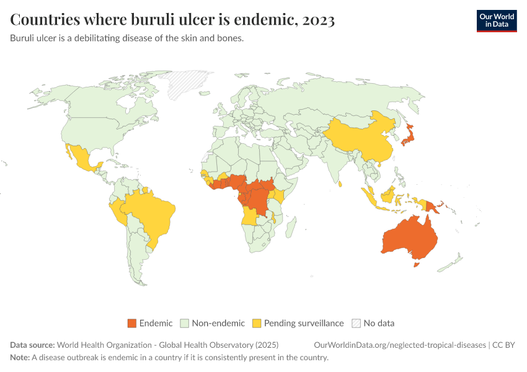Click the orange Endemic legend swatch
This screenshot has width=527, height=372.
coord(131,323)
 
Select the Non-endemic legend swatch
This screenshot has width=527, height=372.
coord(184,323)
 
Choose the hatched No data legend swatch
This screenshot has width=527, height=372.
coord(356,323)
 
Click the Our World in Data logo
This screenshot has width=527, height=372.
coord(496,20)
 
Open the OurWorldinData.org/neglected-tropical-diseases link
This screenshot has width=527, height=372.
coord(401,345)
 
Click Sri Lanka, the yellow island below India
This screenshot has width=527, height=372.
coord(340,184)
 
